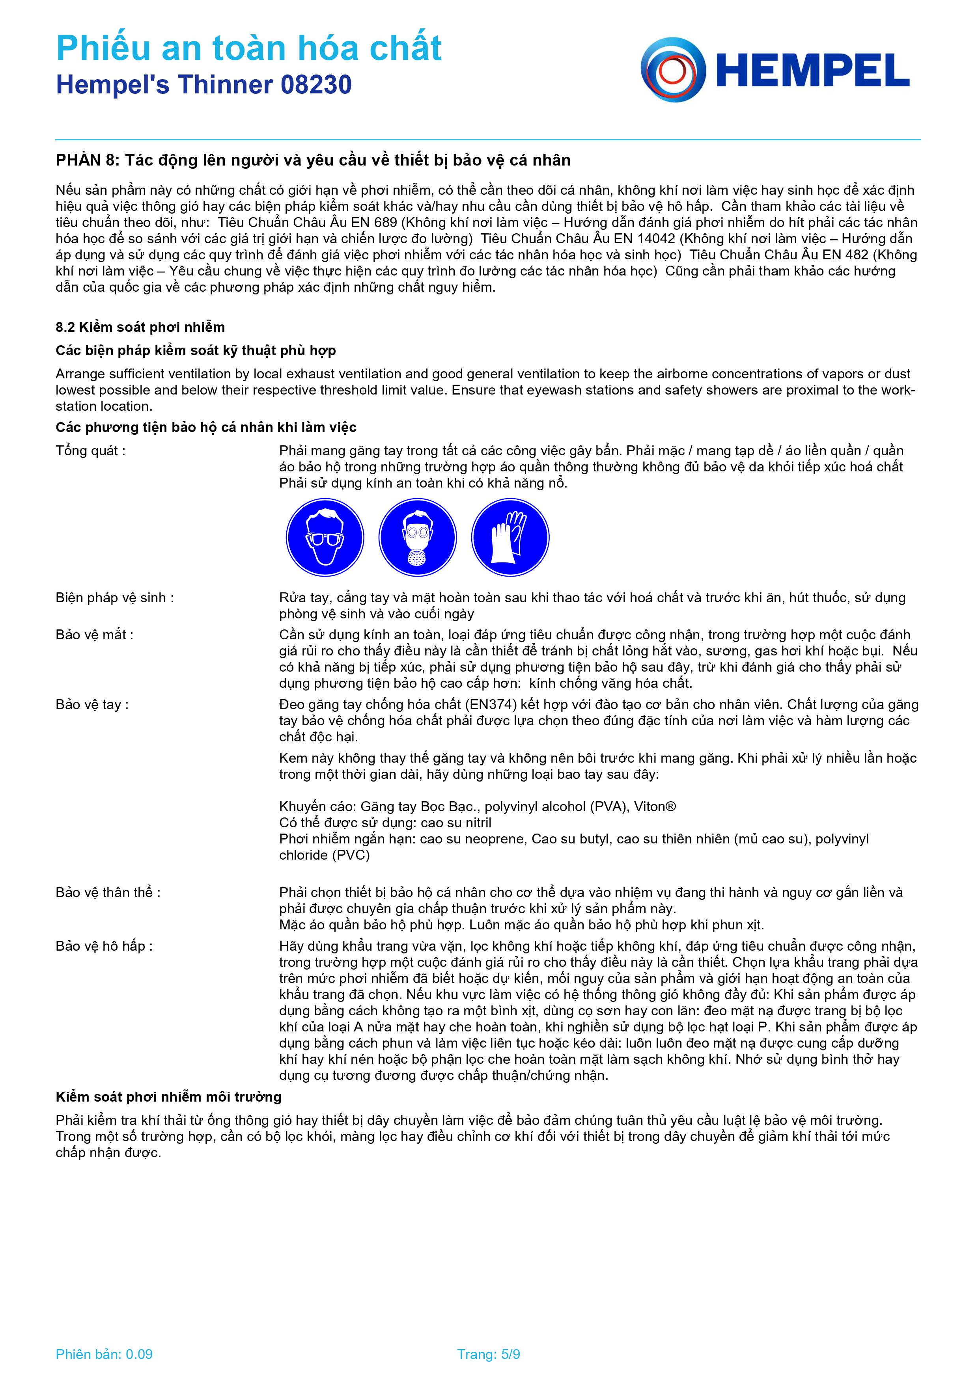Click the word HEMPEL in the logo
813,71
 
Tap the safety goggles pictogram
325,537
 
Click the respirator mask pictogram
417,537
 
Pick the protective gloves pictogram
510,537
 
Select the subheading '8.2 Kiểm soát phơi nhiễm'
140,327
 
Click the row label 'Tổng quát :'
90,450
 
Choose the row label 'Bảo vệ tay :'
92,705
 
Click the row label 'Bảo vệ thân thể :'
108,893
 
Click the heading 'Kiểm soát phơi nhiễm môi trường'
168,1097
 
